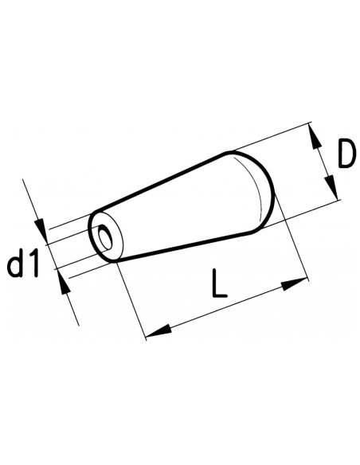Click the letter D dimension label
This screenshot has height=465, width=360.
point(343,156)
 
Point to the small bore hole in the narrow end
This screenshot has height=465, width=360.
point(103,236)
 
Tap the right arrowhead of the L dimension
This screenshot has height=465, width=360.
point(299,281)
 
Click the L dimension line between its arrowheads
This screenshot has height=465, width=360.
point(227,306)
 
